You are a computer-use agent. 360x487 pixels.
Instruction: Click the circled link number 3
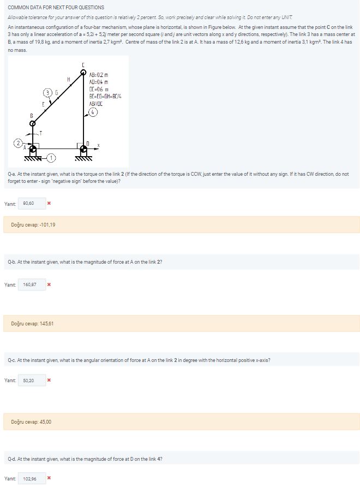click(49, 91)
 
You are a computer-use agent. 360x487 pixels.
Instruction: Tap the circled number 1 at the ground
click(51, 158)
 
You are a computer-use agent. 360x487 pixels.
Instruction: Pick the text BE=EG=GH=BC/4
click(104, 96)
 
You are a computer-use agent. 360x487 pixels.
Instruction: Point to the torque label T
click(41, 133)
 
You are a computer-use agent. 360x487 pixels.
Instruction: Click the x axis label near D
click(98, 145)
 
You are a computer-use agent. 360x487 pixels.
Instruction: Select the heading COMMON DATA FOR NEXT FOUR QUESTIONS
click(56, 8)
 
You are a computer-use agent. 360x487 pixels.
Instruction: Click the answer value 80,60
click(28, 203)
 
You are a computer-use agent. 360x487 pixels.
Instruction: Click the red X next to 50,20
click(49, 380)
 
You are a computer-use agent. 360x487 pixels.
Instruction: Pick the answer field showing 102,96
click(30, 479)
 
